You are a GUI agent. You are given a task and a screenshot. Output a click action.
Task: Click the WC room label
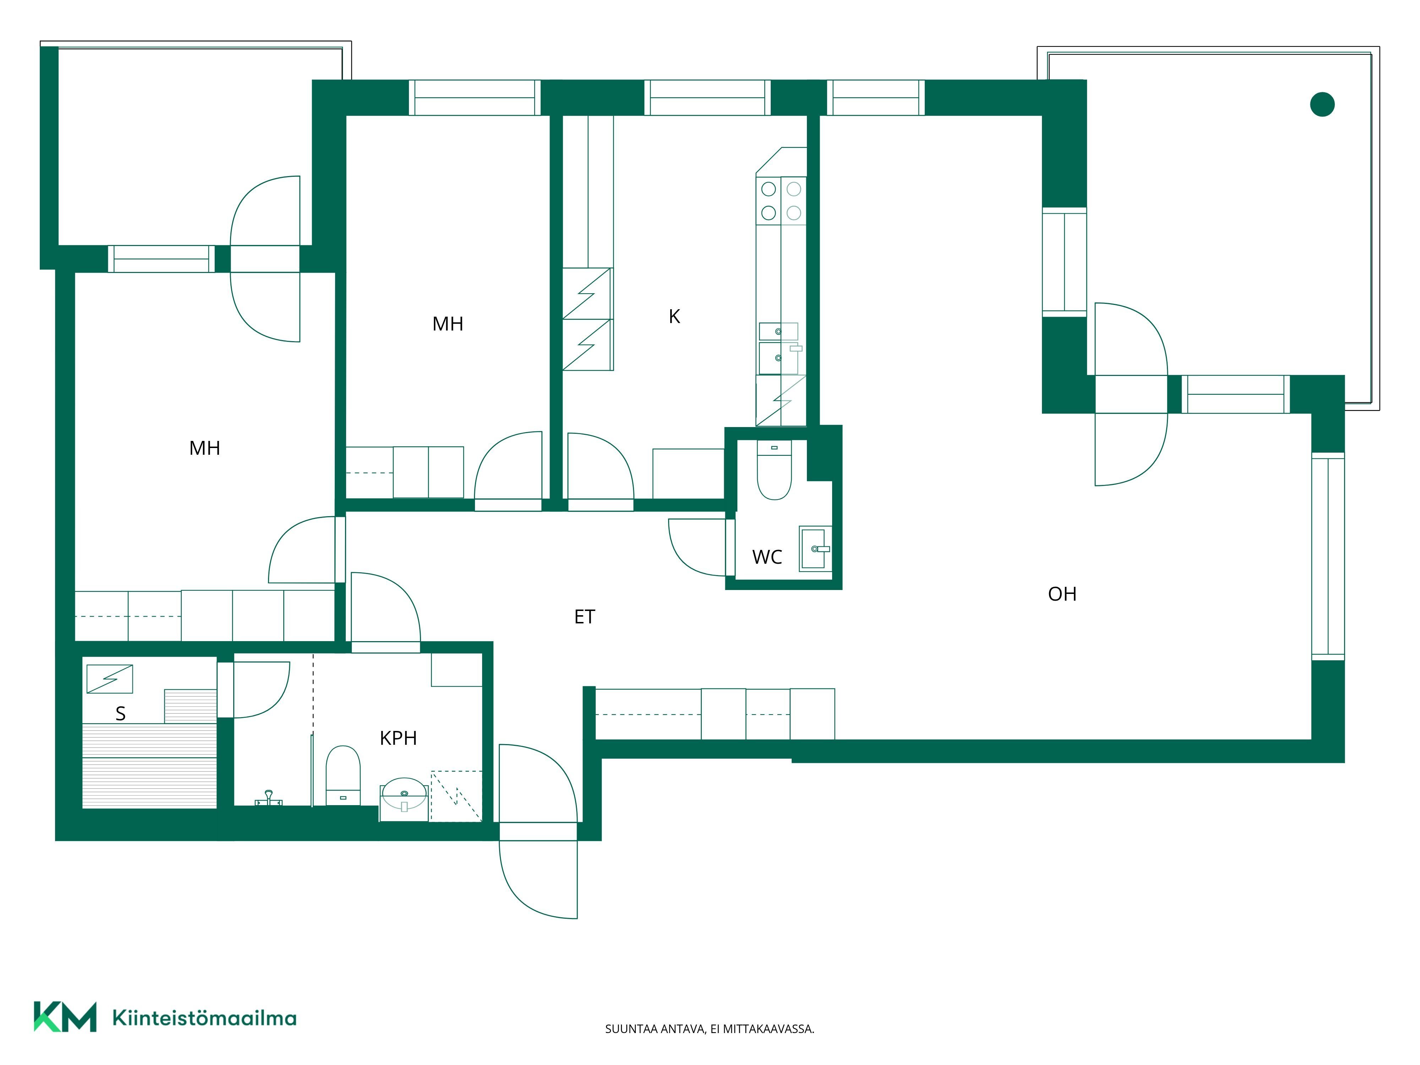pos(767,557)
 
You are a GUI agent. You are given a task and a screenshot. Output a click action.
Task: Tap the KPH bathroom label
pos(398,738)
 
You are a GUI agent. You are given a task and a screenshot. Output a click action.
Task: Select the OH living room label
pos(1063,594)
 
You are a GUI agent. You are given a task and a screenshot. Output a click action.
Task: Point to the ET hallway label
pos(584,617)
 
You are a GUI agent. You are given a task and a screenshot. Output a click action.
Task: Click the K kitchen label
pos(674,317)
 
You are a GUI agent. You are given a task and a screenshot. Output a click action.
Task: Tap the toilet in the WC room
pos(774,470)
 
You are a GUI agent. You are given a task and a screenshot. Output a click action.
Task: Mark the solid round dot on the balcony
pos(1322,104)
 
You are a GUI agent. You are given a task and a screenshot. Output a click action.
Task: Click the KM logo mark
pos(65,1016)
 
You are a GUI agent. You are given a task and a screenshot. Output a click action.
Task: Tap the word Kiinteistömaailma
pos(204,1017)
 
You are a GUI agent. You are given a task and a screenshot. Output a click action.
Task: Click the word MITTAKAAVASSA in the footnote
pos(769,1029)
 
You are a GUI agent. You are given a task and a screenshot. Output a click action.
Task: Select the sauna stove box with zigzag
pos(110,679)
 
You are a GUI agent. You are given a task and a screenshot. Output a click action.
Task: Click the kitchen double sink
pos(779,349)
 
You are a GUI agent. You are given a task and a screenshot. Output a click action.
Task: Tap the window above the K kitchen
pos(708,98)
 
